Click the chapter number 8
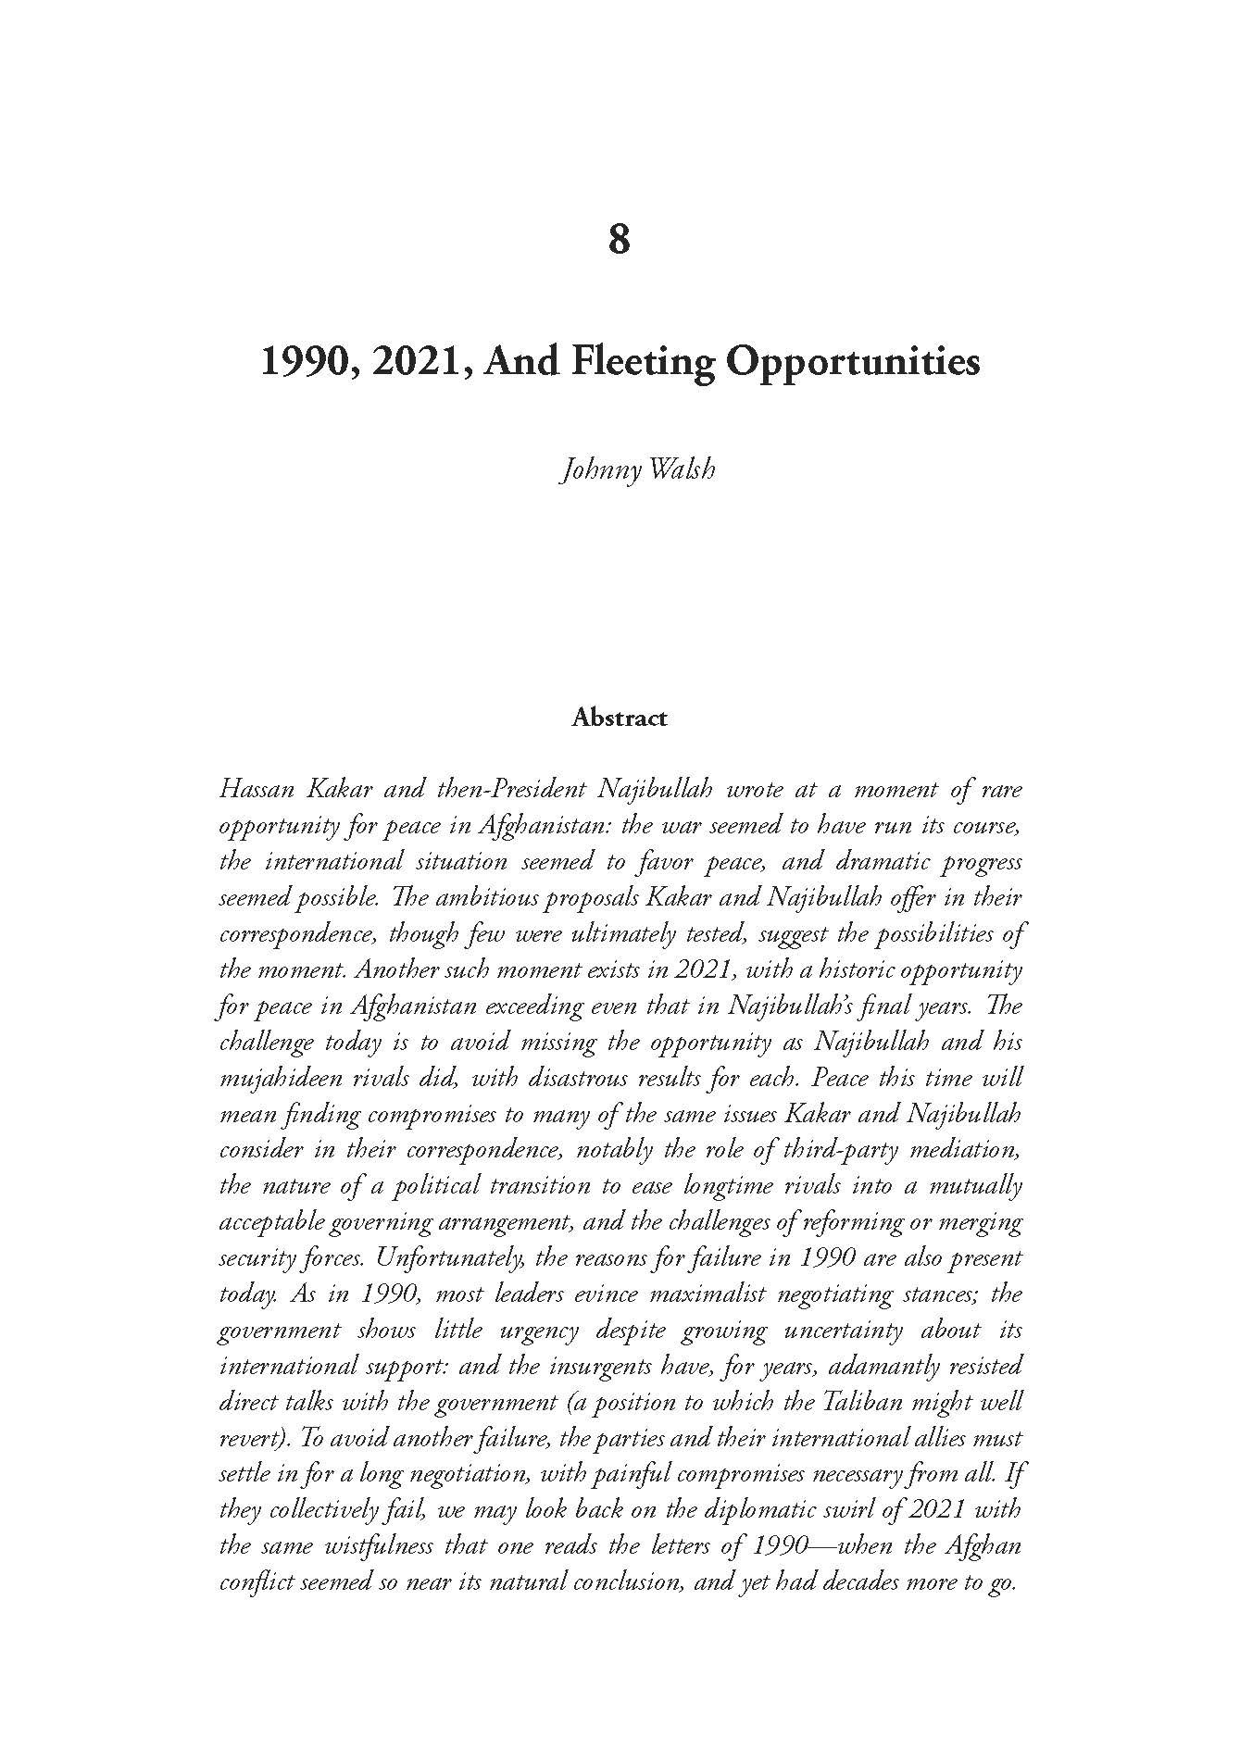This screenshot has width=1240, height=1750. [x=620, y=239]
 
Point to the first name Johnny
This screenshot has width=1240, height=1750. [x=594, y=469]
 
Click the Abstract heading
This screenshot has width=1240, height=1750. [x=620, y=718]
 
